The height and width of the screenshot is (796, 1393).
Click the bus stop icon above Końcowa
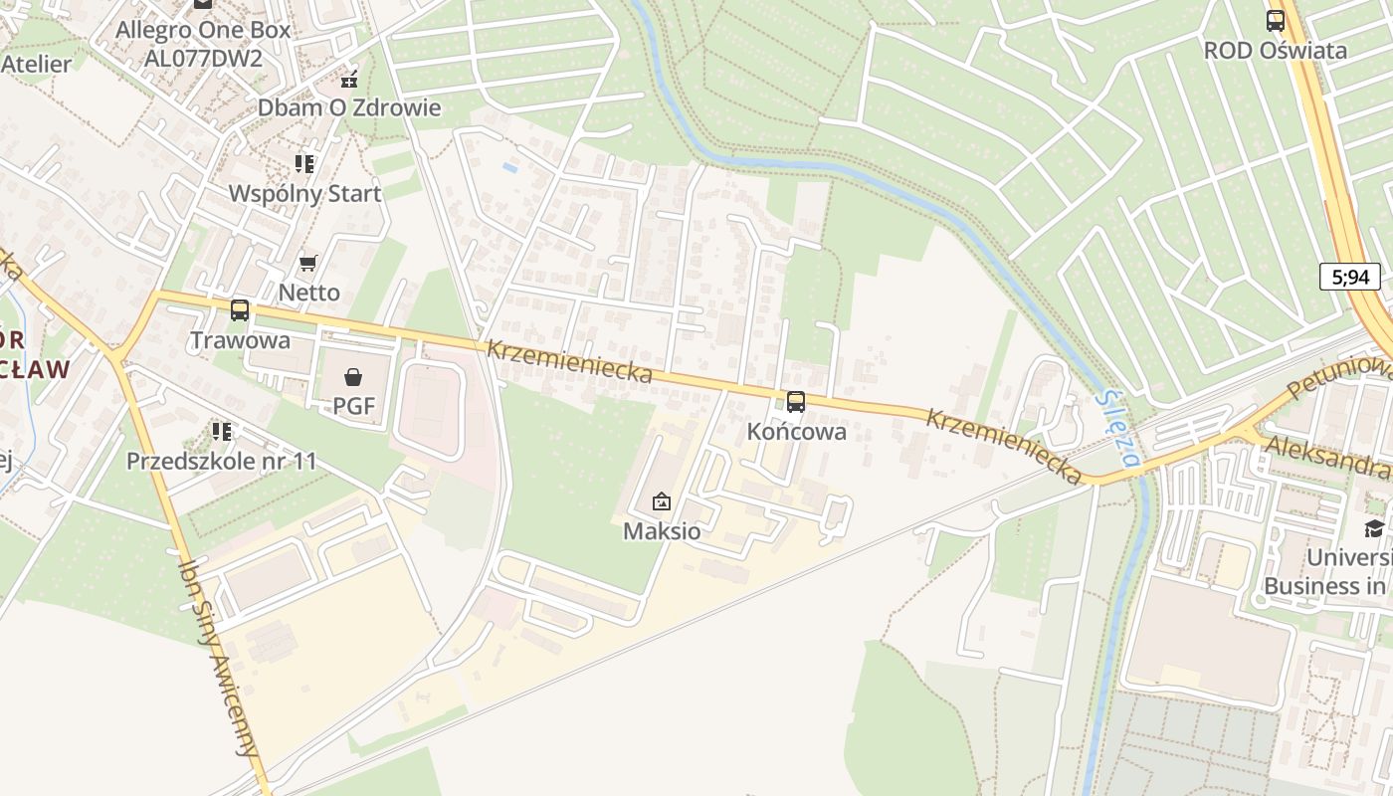pyautogui.click(x=796, y=402)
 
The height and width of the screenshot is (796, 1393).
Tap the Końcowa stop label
pyautogui.click(x=796, y=432)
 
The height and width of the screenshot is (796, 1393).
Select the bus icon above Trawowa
pyautogui.click(x=240, y=310)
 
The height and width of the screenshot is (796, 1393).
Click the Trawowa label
pyautogui.click(x=240, y=340)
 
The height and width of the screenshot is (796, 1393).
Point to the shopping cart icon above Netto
pyautogui.click(x=308, y=264)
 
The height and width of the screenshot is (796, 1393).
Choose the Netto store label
pyautogui.click(x=308, y=293)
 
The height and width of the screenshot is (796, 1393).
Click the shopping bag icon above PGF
pyautogui.click(x=353, y=377)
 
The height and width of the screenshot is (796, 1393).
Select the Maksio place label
pyautogui.click(x=662, y=531)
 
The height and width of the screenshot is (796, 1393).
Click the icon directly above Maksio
pyautogui.click(x=662, y=502)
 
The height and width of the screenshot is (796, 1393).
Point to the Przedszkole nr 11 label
pyautogui.click(x=221, y=462)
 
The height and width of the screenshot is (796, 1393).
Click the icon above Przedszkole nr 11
pyautogui.click(x=221, y=432)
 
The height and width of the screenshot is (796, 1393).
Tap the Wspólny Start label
pyautogui.click(x=304, y=193)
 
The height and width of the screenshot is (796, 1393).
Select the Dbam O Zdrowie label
pyautogui.click(x=349, y=107)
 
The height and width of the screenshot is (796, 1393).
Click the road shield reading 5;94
pyautogui.click(x=1350, y=277)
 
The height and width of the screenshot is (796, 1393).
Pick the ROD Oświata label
pyautogui.click(x=1275, y=50)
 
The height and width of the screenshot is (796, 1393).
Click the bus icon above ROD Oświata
pyautogui.click(x=1275, y=20)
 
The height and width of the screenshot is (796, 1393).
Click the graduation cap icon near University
pyautogui.click(x=1374, y=527)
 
